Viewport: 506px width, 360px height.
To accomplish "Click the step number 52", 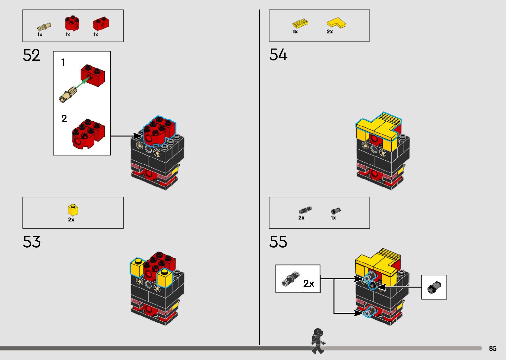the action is [32, 56].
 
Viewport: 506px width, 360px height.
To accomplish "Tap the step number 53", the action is [32, 242].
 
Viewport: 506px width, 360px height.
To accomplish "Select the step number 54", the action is [278, 55].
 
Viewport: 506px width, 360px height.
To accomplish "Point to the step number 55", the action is [278, 242].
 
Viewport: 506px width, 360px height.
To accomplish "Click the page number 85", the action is [492, 348].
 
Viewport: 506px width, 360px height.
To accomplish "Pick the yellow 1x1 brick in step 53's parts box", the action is [73, 210].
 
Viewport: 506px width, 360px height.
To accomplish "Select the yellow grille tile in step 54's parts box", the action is [300, 23].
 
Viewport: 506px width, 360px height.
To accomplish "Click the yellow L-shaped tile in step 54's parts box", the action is [336, 23].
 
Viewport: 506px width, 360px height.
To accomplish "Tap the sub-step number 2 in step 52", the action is [64, 119].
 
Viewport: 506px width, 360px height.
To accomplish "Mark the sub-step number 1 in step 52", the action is [63, 62].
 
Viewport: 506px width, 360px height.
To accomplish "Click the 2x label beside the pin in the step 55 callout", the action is [309, 284].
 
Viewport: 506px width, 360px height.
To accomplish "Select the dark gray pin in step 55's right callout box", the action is [434, 287].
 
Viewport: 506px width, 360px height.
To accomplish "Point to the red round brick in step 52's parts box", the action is [72, 23].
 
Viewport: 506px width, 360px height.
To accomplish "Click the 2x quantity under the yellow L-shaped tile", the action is [330, 32].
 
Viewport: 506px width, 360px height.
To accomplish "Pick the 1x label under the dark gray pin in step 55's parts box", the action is [333, 218].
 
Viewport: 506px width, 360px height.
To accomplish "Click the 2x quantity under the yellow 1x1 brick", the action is [71, 220].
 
